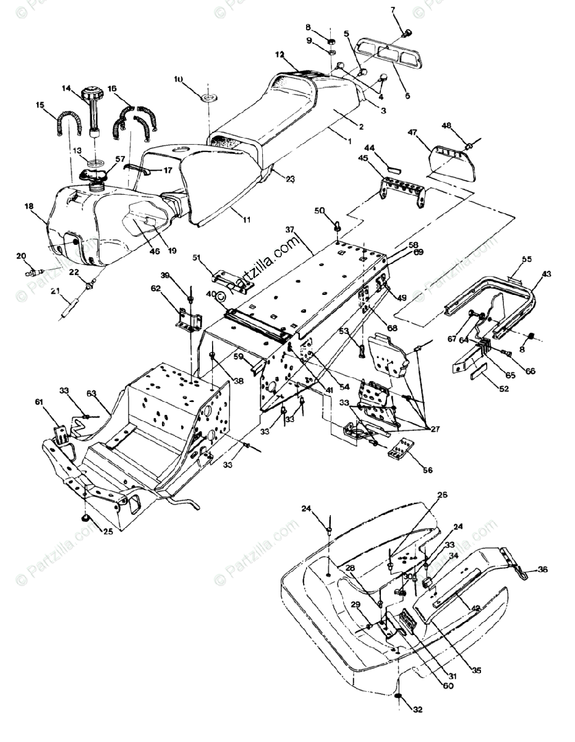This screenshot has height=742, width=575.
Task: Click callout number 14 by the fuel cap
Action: click(67, 88)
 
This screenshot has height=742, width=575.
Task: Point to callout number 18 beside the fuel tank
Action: click(29, 207)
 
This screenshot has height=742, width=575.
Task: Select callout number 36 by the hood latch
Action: click(543, 569)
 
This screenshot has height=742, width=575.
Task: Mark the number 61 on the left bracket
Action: click(40, 403)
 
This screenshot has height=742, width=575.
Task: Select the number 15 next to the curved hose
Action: click(40, 106)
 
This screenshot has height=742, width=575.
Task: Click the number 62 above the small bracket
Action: click(156, 288)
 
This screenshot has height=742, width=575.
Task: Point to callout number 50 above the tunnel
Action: click(320, 211)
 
